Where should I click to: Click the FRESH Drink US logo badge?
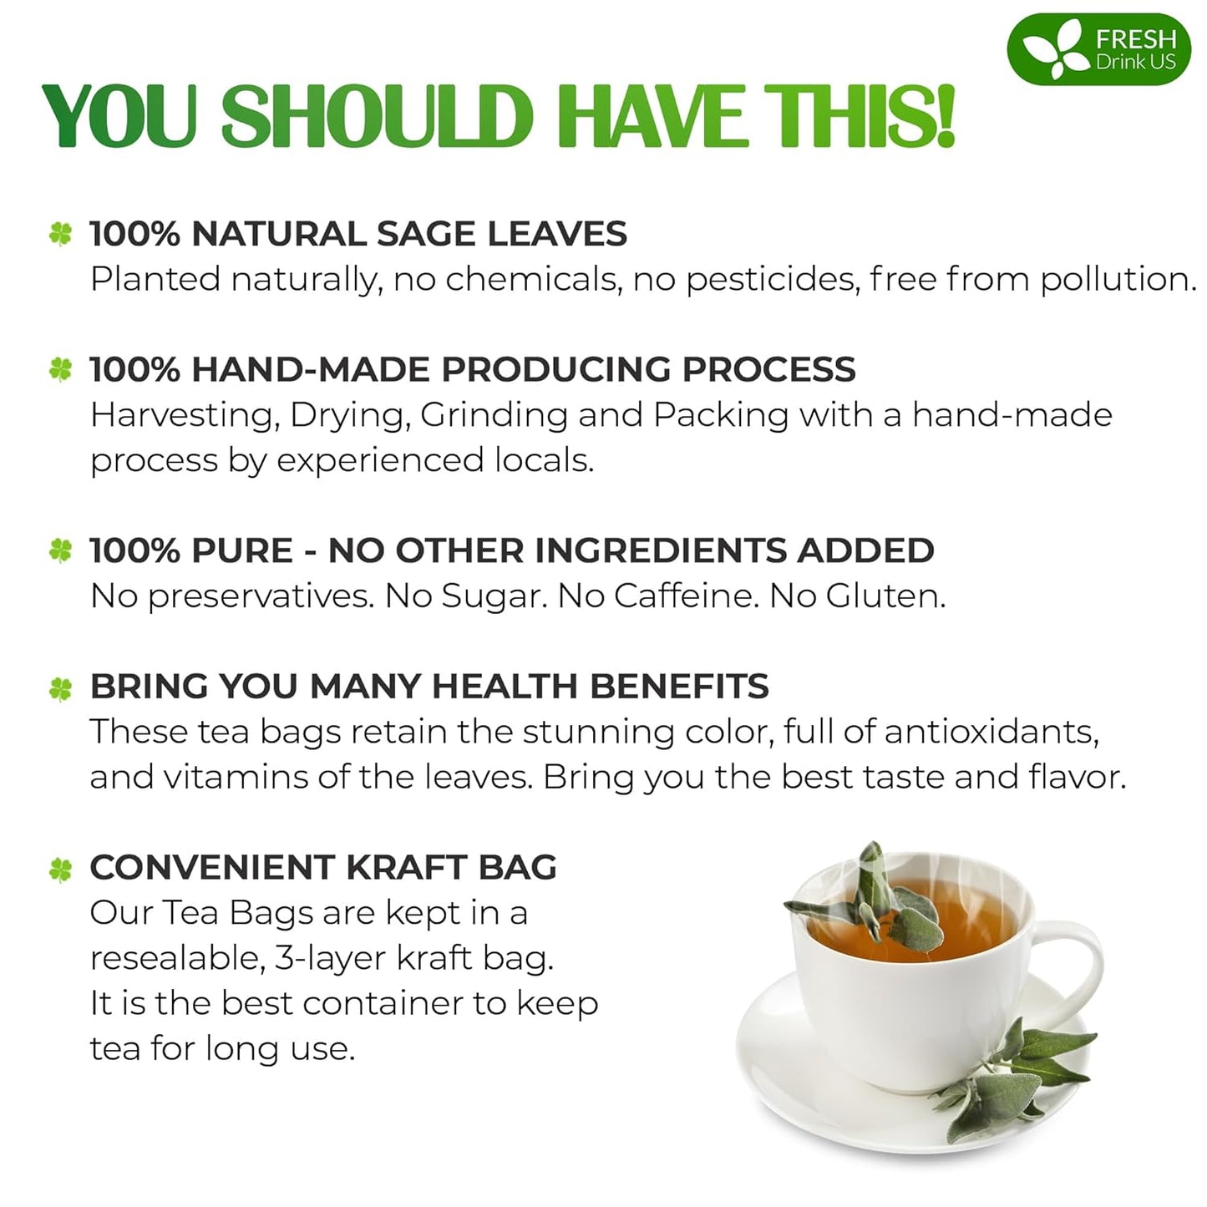coord(1098,49)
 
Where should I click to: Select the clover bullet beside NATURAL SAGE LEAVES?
coord(60,234)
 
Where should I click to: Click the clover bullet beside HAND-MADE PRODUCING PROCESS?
coord(60,369)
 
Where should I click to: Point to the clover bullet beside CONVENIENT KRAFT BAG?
coord(60,870)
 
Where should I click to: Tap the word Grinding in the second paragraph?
coord(494,415)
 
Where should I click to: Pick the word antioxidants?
coord(991,732)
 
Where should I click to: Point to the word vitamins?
coord(236,777)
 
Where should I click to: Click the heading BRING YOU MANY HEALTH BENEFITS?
coord(429,687)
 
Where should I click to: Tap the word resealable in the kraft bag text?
coord(176,958)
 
